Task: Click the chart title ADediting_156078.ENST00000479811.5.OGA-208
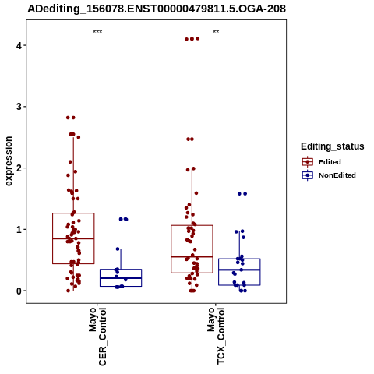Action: [x=157, y=9]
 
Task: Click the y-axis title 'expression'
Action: [x=9, y=161]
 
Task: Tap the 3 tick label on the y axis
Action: [x=19, y=107]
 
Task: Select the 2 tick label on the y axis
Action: [x=19, y=168]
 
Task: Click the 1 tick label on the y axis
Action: [x=19, y=230]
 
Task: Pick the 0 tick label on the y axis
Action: [x=19, y=291]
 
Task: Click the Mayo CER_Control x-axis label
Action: [x=97, y=337]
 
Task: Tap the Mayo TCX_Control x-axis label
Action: [x=216, y=336]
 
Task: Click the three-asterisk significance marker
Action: [x=97, y=32]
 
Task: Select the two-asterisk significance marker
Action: [x=216, y=32]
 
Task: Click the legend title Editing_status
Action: [x=333, y=146]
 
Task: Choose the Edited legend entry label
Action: [x=330, y=162]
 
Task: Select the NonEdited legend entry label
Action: [x=337, y=175]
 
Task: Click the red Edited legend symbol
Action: [x=308, y=162]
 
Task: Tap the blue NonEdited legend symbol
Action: [x=308, y=175]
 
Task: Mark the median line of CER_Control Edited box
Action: [x=73, y=238]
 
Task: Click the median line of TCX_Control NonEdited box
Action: [x=239, y=270]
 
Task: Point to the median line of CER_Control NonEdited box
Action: [x=121, y=278]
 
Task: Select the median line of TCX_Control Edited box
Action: [x=192, y=256]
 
